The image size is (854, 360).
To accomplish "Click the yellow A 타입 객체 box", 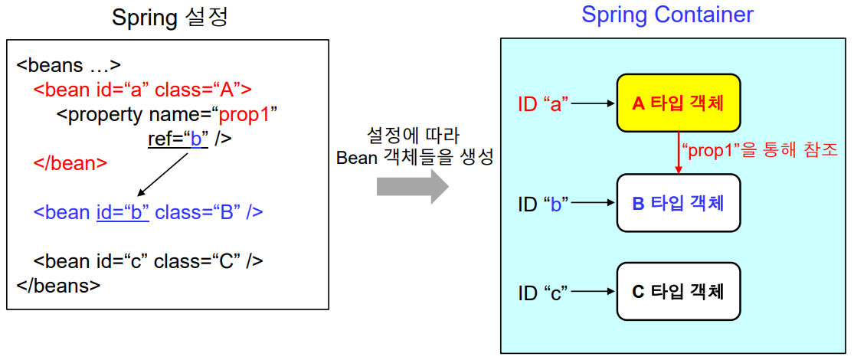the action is pos(678,103).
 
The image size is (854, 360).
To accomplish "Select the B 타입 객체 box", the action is pos(678,203).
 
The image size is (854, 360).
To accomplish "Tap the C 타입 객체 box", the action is pos(678,291).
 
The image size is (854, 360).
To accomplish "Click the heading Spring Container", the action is pos(667,15).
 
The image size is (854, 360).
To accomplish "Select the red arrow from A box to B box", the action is pos(679,152).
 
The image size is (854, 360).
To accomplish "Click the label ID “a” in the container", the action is pos(542,103).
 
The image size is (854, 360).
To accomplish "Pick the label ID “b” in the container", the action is pos(542,204).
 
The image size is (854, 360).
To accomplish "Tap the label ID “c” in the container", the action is pos(542,292).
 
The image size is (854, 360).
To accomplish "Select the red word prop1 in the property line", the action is pos(247,115).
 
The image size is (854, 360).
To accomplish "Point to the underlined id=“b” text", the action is pos(123,212).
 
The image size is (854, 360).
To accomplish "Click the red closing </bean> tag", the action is pos(70,163).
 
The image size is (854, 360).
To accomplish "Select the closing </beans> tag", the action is pos(58,286).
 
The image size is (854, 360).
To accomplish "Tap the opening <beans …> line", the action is pos(68,65).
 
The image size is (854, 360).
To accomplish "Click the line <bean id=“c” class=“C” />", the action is pos(149,261).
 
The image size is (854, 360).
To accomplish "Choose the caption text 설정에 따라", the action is pos(413,136).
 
